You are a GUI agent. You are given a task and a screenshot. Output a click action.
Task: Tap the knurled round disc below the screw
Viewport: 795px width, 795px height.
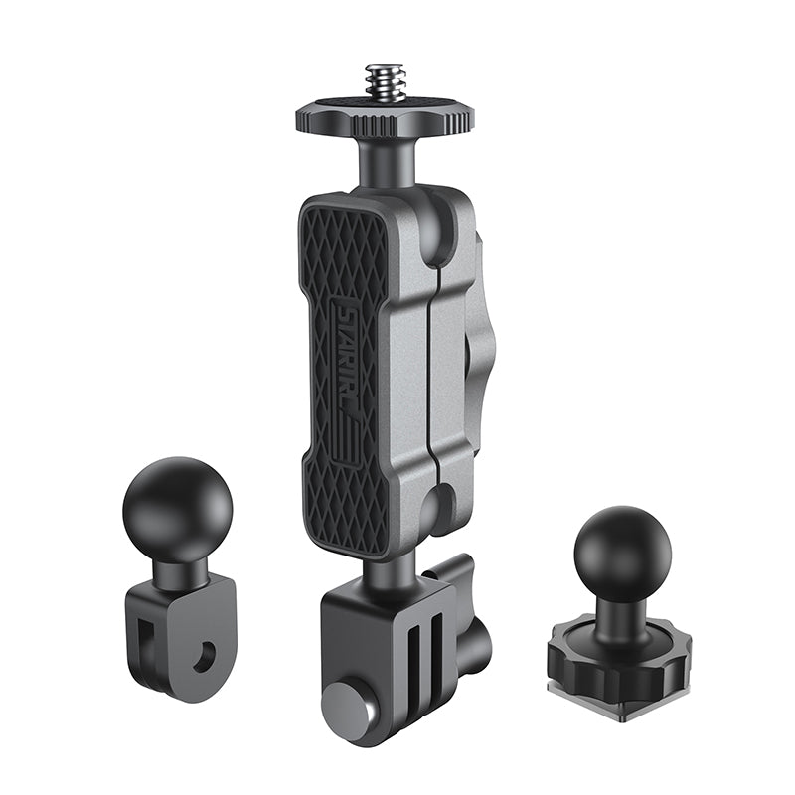pyautogui.click(x=387, y=118)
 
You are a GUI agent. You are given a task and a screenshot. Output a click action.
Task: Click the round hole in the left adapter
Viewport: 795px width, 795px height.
pyautogui.click(x=206, y=652)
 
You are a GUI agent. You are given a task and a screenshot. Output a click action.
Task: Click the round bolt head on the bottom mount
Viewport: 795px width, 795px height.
pyautogui.click(x=346, y=708)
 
